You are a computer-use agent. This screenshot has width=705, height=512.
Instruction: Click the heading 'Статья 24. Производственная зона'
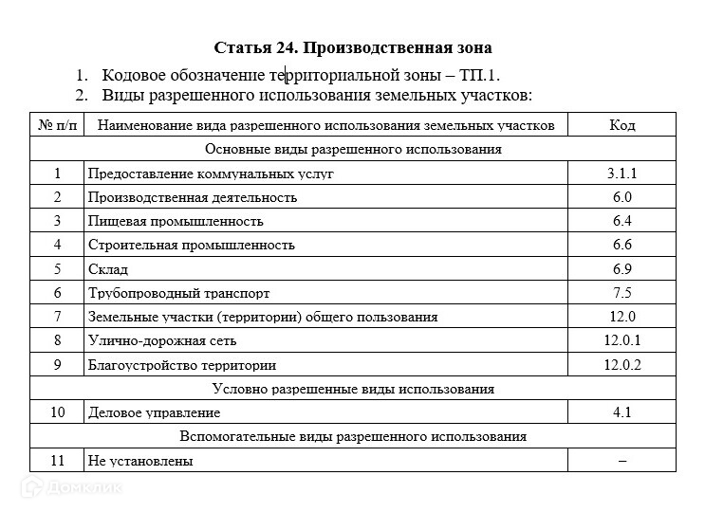click(x=353, y=47)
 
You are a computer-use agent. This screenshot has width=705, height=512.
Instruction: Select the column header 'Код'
click(x=622, y=125)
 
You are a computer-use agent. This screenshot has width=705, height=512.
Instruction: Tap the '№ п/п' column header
click(x=57, y=125)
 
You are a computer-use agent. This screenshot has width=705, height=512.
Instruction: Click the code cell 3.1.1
click(x=622, y=174)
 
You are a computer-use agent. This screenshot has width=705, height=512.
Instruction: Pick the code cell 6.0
click(x=622, y=197)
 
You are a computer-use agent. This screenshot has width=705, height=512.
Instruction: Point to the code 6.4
click(x=622, y=221)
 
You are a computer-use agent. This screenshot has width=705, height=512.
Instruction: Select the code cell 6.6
click(x=622, y=245)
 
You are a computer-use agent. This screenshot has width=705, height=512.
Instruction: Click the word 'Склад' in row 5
click(x=107, y=269)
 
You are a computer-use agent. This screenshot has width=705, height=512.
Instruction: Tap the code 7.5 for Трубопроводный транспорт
click(x=622, y=293)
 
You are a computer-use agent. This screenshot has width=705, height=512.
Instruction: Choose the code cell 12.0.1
click(x=622, y=340)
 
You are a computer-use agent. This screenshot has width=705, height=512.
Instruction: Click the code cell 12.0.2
click(x=622, y=365)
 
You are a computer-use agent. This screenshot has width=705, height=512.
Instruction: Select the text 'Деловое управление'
click(x=154, y=412)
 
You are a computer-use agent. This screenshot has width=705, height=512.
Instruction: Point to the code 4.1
click(x=622, y=412)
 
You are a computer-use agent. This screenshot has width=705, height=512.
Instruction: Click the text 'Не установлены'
click(x=139, y=461)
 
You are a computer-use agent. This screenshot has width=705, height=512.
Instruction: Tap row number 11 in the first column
click(x=57, y=461)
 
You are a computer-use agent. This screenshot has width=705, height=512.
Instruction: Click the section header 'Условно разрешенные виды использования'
click(x=353, y=389)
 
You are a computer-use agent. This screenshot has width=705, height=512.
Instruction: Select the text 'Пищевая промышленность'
click(x=176, y=221)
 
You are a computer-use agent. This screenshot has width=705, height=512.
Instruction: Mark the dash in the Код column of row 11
click(x=622, y=461)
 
